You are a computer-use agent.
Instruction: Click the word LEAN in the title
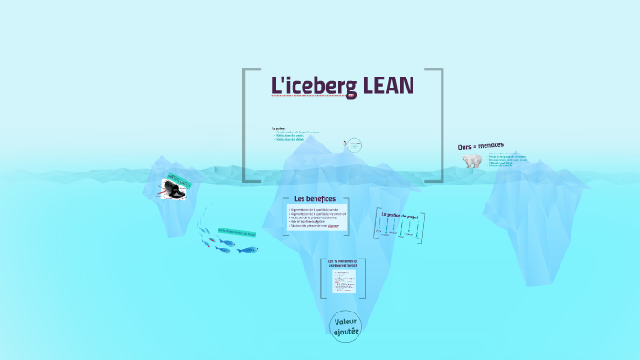coord(388,85)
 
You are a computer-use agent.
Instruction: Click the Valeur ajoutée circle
coord(347,326)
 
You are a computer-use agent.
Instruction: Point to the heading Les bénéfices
coord(315,199)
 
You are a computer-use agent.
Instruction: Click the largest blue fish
coord(248,249)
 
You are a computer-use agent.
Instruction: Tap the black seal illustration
coord(174,191)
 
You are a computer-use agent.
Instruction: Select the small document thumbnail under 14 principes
coord(344,281)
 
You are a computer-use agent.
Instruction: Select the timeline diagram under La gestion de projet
coord(400,231)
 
